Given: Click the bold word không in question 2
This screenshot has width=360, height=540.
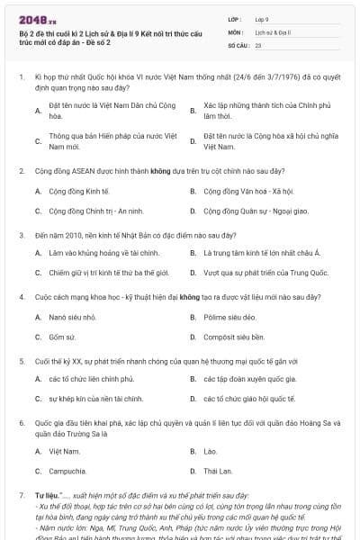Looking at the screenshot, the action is pos(136,170).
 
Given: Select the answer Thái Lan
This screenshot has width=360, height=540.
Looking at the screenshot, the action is pos(217,471).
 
